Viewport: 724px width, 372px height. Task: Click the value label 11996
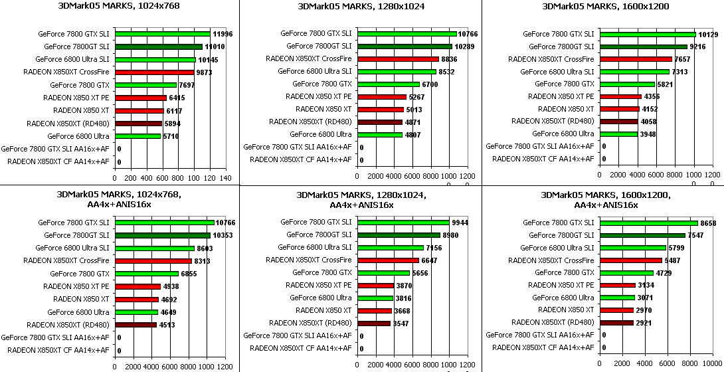tap(223, 34)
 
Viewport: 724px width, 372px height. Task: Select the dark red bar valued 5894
tap(138, 124)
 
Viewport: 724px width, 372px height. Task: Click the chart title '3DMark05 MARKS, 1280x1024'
tap(361, 7)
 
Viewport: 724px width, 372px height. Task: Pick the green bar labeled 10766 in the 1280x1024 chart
tap(407, 33)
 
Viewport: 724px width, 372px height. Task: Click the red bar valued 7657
tap(635, 58)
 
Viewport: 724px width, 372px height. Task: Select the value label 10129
tap(709, 34)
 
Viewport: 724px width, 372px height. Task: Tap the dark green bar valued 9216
tap(643, 46)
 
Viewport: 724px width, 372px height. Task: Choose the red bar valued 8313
tap(153, 260)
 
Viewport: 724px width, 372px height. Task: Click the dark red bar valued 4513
tap(136, 325)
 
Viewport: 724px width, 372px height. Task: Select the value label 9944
tap(460, 223)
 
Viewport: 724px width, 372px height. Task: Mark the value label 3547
tap(401, 324)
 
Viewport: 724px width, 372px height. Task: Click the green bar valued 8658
tap(648, 223)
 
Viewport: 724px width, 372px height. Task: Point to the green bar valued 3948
tap(618, 134)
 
